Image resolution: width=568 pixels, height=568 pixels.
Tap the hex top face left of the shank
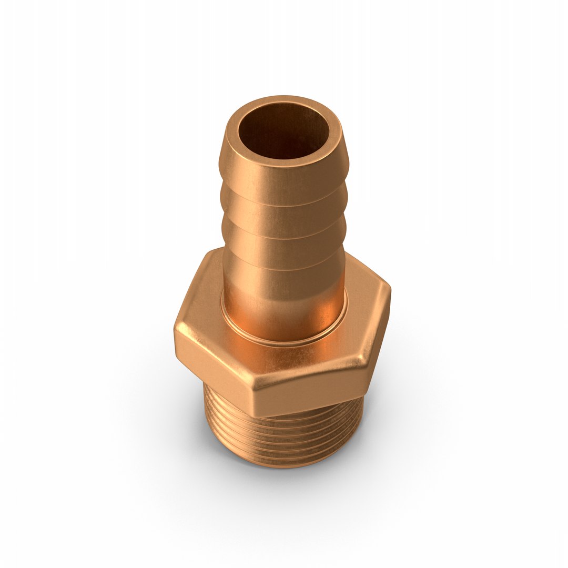(x=205, y=310)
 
